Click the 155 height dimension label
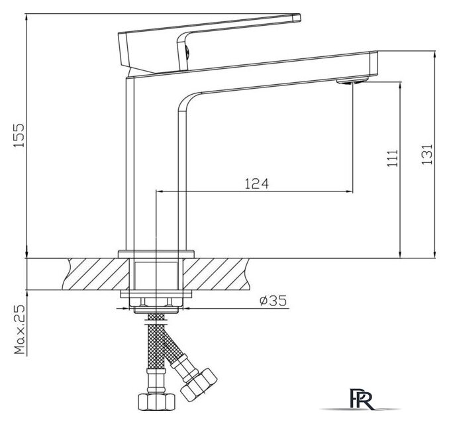tap(19, 136)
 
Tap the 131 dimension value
tap(427, 154)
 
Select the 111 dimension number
tap(392, 158)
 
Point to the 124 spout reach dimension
tap(257, 184)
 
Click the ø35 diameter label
tap(273, 301)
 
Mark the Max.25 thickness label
tap(19, 329)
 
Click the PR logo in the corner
tap(362, 399)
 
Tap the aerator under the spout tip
tap(352, 81)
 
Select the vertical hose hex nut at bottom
tap(156, 402)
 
